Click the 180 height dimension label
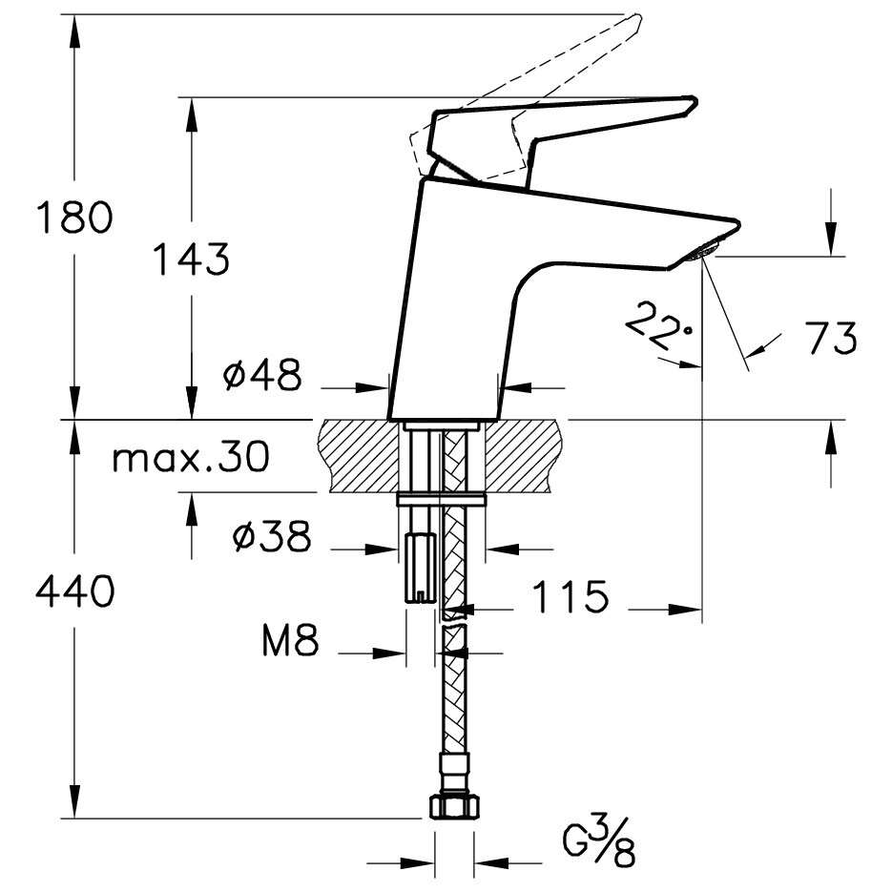tap(74, 218)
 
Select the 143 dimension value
tap(192, 259)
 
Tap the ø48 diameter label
tap(261, 376)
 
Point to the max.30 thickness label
tap(190, 458)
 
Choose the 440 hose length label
tap(74, 592)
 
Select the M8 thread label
tap(289, 643)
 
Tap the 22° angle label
tap(657, 324)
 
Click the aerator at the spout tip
tap(704, 251)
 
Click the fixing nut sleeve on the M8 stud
tap(420, 567)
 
